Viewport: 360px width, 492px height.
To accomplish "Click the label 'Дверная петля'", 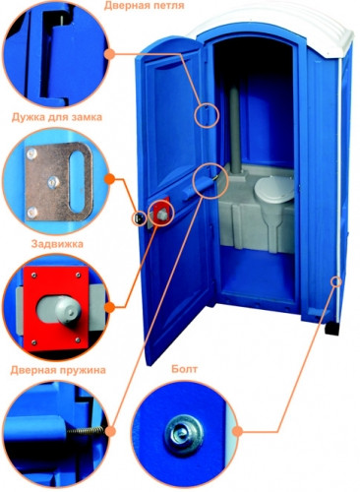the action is coord(145,6).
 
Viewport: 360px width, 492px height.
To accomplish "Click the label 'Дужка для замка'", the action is coord(57,117).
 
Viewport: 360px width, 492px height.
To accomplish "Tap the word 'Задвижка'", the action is coord(57,244).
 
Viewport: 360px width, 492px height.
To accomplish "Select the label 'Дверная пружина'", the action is coord(58,370).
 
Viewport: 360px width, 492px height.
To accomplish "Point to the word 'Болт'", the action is coord(184,369).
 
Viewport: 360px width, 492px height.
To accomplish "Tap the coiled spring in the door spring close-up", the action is coord(86,431).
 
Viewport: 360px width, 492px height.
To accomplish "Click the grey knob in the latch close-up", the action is coord(67,310).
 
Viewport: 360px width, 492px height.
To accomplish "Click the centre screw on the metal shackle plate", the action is coord(53,182).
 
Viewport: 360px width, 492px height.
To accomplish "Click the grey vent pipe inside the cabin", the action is coord(235,129).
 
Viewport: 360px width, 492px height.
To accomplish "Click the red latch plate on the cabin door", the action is coord(160,212).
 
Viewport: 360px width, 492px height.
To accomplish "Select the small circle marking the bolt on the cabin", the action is coord(336,281).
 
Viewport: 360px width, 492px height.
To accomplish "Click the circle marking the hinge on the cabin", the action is coord(207,115).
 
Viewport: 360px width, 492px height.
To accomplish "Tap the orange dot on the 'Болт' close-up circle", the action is coord(239,431).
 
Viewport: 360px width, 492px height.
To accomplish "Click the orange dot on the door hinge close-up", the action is coord(110,53).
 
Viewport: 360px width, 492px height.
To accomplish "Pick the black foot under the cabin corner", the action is coord(331,329).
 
